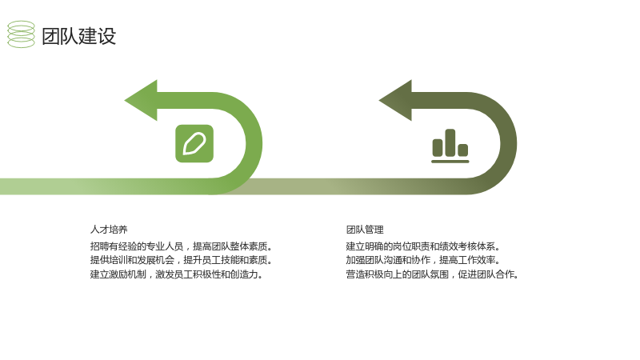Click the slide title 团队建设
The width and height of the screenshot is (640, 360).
click(x=78, y=36)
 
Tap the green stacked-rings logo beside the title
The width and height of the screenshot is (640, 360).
click(x=22, y=34)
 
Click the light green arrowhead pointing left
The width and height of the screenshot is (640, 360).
click(x=142, y=101)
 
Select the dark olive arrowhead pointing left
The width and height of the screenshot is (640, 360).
click(x=395, y=101)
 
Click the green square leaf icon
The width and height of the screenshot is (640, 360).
click(x=194, y=144)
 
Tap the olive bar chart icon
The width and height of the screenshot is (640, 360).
click(x=450, y=146)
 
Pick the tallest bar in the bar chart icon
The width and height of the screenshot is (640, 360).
click(x=450, y=142)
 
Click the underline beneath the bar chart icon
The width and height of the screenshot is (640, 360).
click(x=450, y=162)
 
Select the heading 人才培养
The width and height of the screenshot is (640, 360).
click(x=109, y=230)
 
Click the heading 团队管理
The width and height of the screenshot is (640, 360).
click(x=365, y=230)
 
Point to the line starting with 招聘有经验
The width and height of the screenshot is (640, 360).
click(x=182, y=246)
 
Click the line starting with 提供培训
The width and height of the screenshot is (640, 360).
click(x=182, y=260)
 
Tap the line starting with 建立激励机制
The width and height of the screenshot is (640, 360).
click(x=176, y=274)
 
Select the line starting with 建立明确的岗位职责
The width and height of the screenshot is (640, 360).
click(x=423, y=246)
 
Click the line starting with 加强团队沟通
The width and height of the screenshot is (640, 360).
click(x=423, y=260)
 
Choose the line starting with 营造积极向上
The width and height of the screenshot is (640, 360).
click(x=432, y=274)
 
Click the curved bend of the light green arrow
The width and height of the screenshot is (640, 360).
click(x=254, y=143)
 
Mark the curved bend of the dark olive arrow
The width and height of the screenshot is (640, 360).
click(x=509, y=143)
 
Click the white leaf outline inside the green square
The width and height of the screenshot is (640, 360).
click(x=194, y=144)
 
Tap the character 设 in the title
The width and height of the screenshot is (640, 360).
click(x=107, y=36)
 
